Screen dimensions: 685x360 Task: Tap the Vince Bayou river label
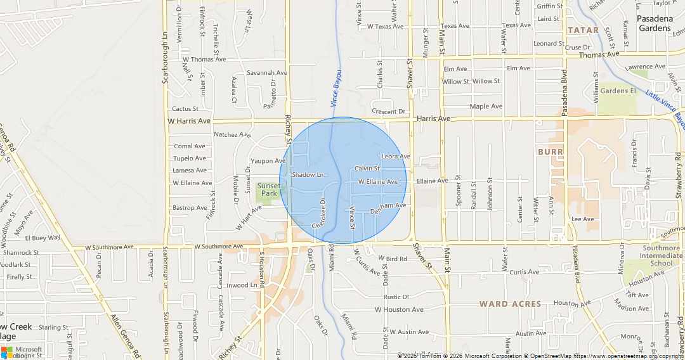(336, 89)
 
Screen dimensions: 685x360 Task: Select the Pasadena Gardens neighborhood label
(655, 23)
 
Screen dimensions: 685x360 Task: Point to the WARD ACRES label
(511, 304)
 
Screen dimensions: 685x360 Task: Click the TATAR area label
(583, 30)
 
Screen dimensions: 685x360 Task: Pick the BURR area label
(550, 152)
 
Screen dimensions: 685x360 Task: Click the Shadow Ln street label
(308, 174)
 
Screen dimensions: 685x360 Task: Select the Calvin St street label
(367, 169)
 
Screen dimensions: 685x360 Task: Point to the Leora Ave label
(396, 157)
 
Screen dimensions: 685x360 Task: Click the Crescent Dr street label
(388, 112)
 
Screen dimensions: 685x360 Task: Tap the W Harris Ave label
(188, 120)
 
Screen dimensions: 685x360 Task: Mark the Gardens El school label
(618, 91)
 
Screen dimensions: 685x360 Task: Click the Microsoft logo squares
(7, 352)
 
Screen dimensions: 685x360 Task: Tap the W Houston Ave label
(398, 310)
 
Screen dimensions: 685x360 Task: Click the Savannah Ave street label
(267, 73)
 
